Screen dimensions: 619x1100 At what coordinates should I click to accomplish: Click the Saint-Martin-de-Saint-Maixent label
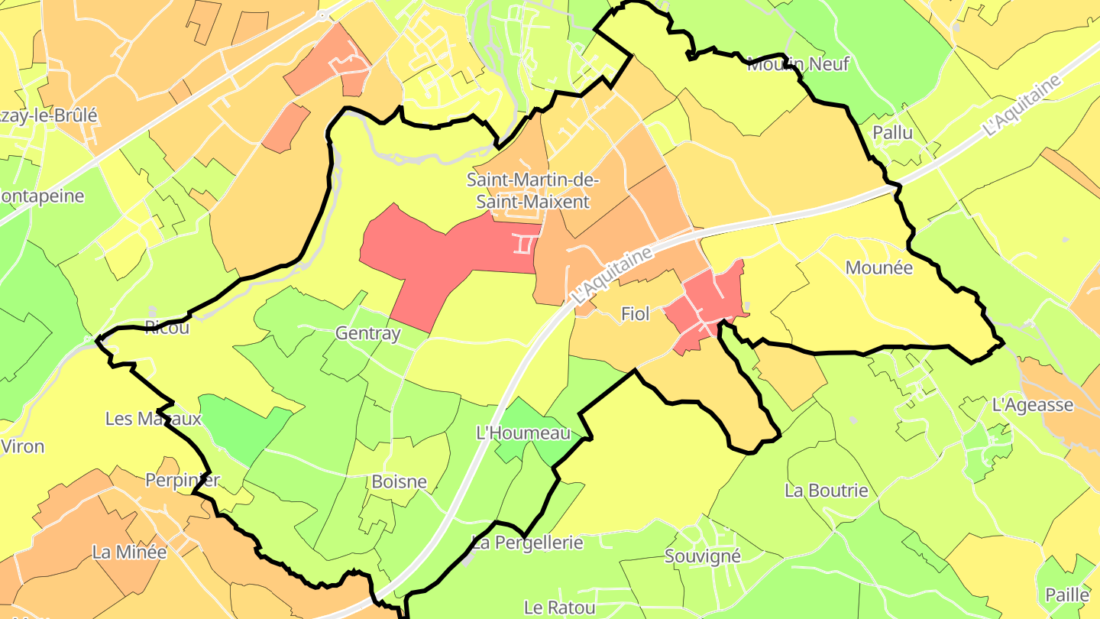[533, 191]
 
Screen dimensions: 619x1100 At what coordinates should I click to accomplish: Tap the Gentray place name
[367, 334]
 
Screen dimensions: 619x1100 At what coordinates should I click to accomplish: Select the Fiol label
[635, 313]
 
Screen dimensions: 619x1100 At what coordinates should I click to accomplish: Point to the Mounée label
[879, 267]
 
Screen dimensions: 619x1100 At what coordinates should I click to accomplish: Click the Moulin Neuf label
[797, 64]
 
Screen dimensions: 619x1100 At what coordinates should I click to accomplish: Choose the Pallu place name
[893, 132]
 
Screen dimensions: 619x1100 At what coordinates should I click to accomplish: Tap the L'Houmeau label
[523, 433]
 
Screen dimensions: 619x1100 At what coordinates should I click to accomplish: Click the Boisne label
[399, 482]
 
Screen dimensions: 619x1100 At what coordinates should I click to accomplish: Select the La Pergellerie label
[527, 543]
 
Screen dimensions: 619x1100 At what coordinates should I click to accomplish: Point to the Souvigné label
[703, 556]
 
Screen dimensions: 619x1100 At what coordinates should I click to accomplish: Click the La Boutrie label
[827, 490]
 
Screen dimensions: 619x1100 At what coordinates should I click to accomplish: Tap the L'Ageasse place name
[1032, 405]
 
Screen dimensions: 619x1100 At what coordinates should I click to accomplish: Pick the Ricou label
[167, 329]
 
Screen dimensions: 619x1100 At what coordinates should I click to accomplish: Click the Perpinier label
[183, 480]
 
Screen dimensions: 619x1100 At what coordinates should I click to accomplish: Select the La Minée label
[129, 551]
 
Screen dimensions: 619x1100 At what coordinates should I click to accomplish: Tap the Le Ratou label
[559, 608]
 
